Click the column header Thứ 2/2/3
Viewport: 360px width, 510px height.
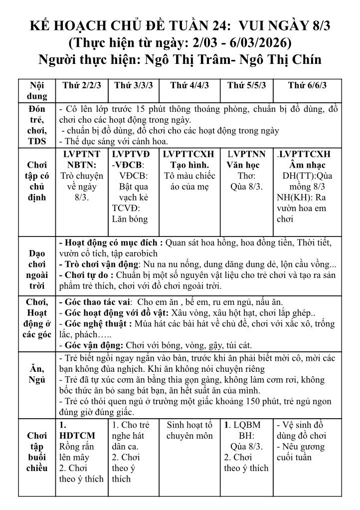tap(82, 85)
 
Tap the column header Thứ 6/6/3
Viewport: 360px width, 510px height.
tap(307, 85)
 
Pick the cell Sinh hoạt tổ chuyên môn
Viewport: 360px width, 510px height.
tap(189, 430)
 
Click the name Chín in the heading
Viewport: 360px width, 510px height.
tap(305, 59)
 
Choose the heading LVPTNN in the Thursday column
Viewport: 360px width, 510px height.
tap(247, 154)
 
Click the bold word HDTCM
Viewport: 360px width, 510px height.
tap(77, 436)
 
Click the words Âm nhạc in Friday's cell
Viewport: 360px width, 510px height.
tap(307, 165)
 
